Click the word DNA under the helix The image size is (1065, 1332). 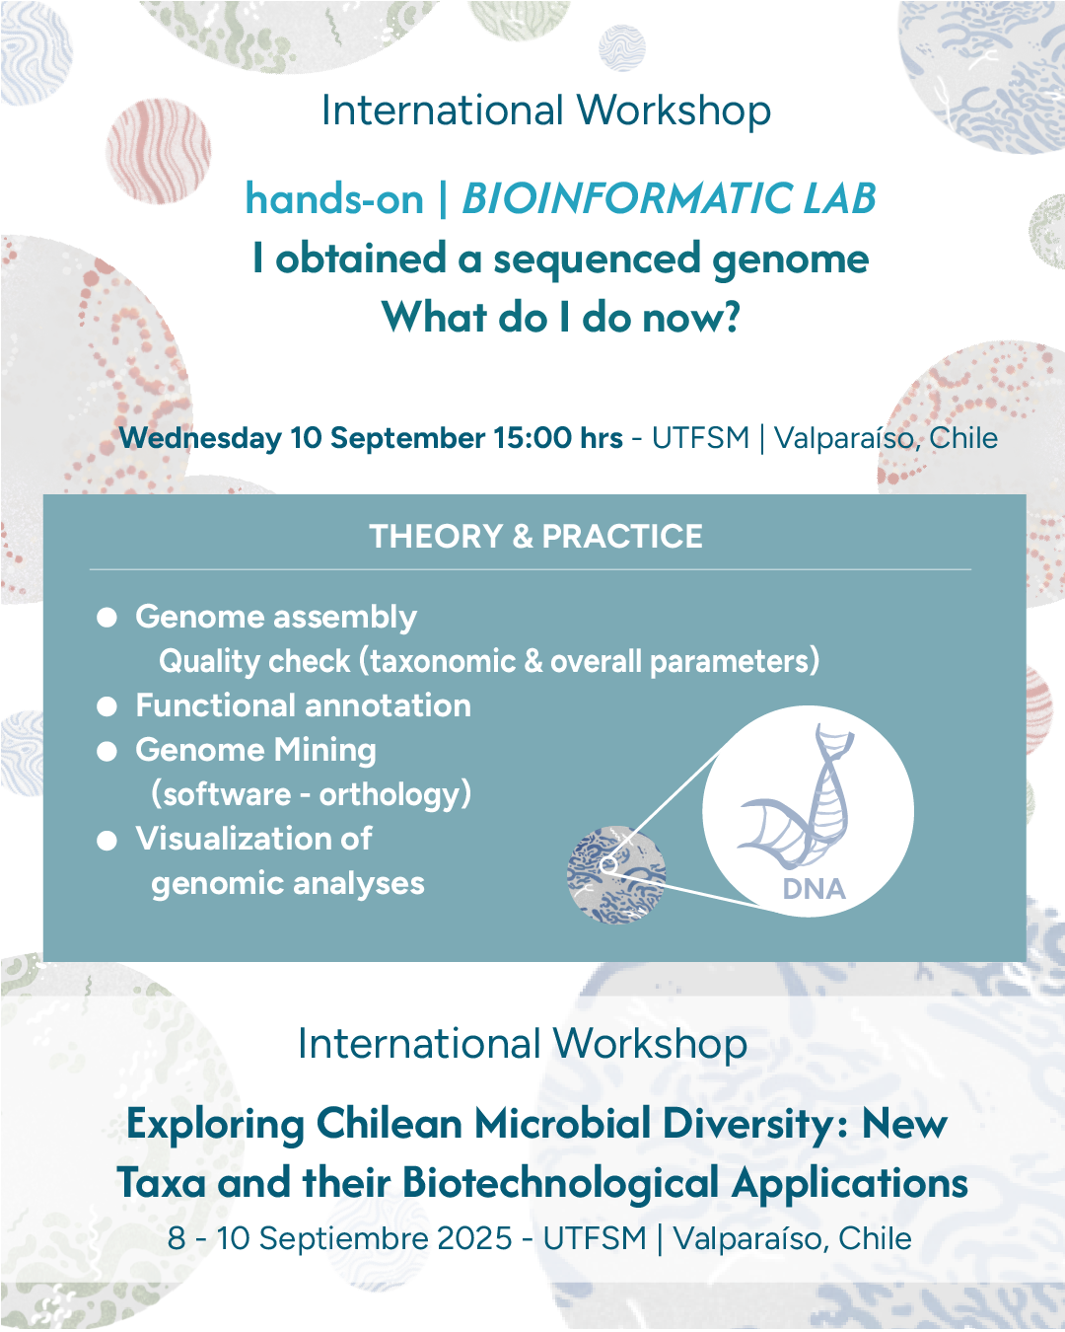click(814, 889)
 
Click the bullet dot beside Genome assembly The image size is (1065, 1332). click(107, 618)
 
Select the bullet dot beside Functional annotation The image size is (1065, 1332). click(107, 706)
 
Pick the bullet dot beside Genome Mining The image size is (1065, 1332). click(107, 751)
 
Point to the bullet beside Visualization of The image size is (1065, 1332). click(107, 840)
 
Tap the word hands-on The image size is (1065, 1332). click(335, 198)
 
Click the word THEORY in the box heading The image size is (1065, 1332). click(436, 536)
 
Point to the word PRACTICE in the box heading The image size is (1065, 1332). click(622, 536)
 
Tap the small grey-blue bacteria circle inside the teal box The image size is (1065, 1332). click(616, 874)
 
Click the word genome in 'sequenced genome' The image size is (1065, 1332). click(790, 259)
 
